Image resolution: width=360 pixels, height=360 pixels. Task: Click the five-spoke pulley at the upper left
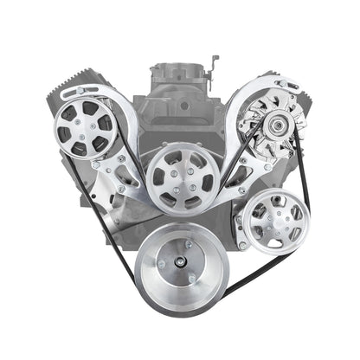[x=82, y=132]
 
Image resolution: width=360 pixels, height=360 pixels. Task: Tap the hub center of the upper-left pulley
[x=81, y=132]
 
